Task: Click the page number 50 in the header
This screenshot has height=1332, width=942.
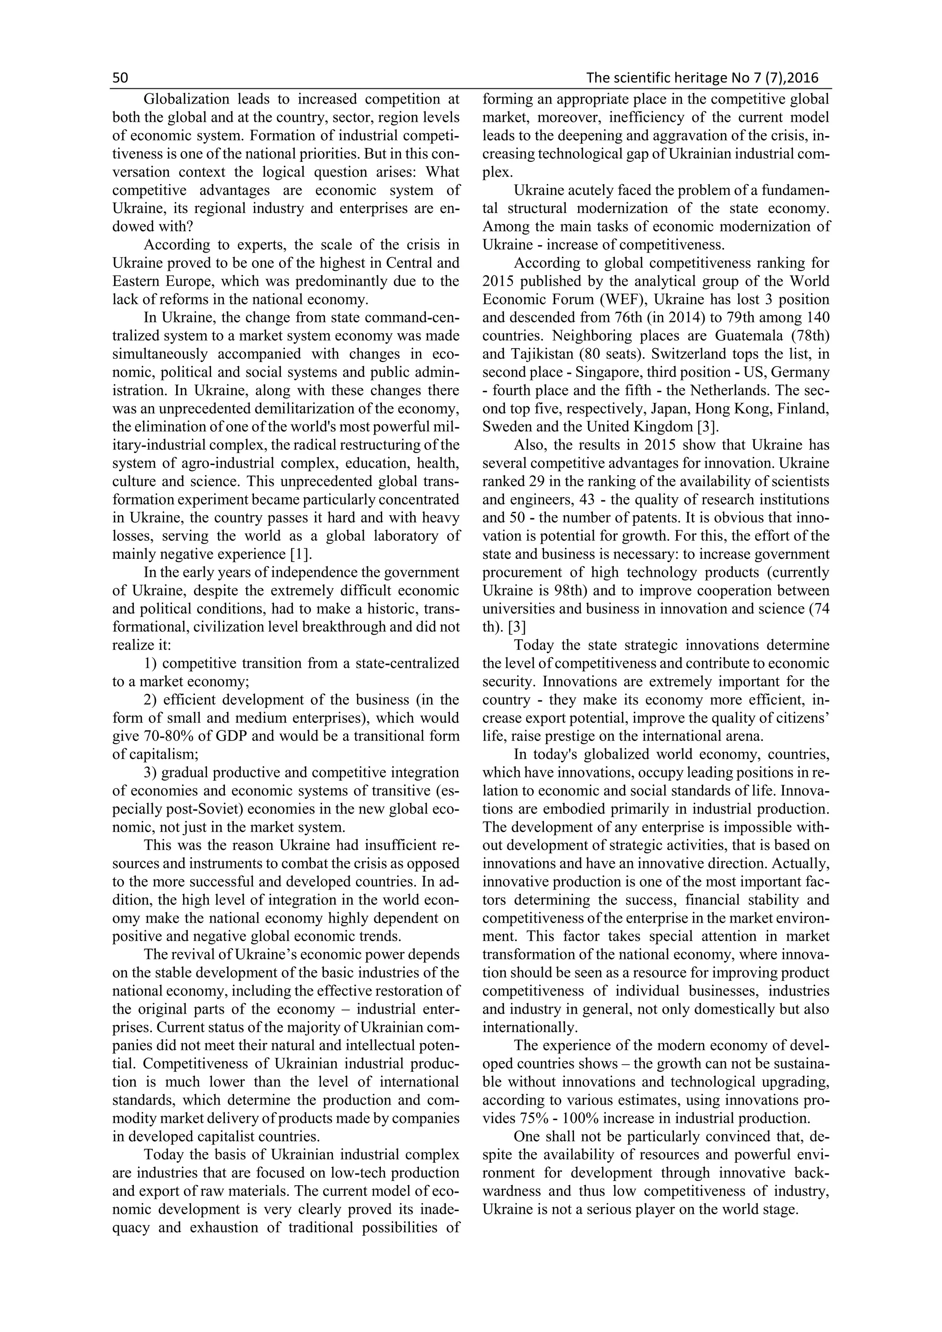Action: tap(120, 78)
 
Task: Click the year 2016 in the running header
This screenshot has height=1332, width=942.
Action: tap(803, 78)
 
